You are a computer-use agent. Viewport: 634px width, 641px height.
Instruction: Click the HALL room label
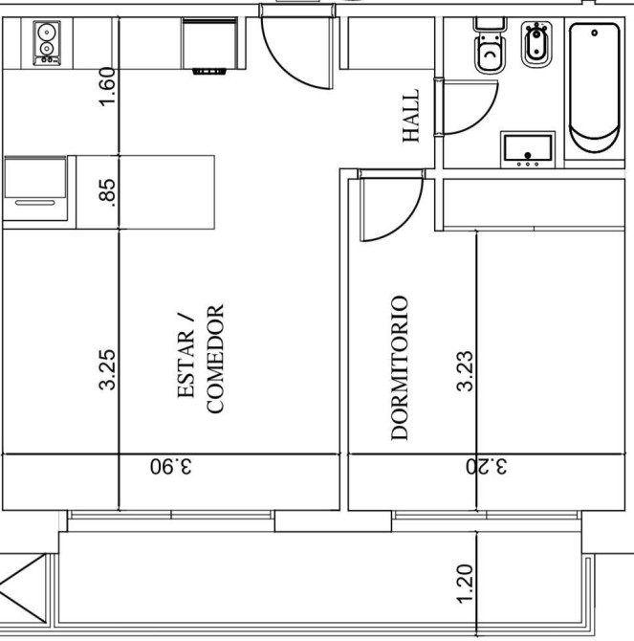coord(411,116)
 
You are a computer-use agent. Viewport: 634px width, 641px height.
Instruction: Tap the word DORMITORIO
coord(400,368)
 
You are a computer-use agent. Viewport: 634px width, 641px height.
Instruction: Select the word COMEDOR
coord(215,359)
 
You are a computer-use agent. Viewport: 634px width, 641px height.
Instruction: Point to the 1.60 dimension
coord(108,87)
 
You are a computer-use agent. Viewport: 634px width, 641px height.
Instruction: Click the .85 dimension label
coord(108,190)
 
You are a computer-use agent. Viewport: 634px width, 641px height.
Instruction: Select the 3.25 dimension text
coord(107,370)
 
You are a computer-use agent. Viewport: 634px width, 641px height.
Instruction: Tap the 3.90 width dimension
coord(171,466)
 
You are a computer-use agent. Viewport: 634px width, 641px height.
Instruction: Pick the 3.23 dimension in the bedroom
coord(465,371)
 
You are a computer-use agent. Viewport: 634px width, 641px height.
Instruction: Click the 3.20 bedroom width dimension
coord(487,466)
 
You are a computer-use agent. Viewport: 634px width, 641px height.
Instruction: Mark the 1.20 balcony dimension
coord(465,584)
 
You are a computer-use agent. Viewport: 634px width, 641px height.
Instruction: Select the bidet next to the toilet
coord(536,44)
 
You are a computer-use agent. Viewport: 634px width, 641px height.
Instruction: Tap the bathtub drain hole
coord(595,33)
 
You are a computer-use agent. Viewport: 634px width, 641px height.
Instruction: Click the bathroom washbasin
coord(528,149)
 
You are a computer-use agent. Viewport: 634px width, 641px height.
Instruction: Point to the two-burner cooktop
coord(47,43)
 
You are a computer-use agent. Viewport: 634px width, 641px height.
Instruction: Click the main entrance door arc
coord(282,69)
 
